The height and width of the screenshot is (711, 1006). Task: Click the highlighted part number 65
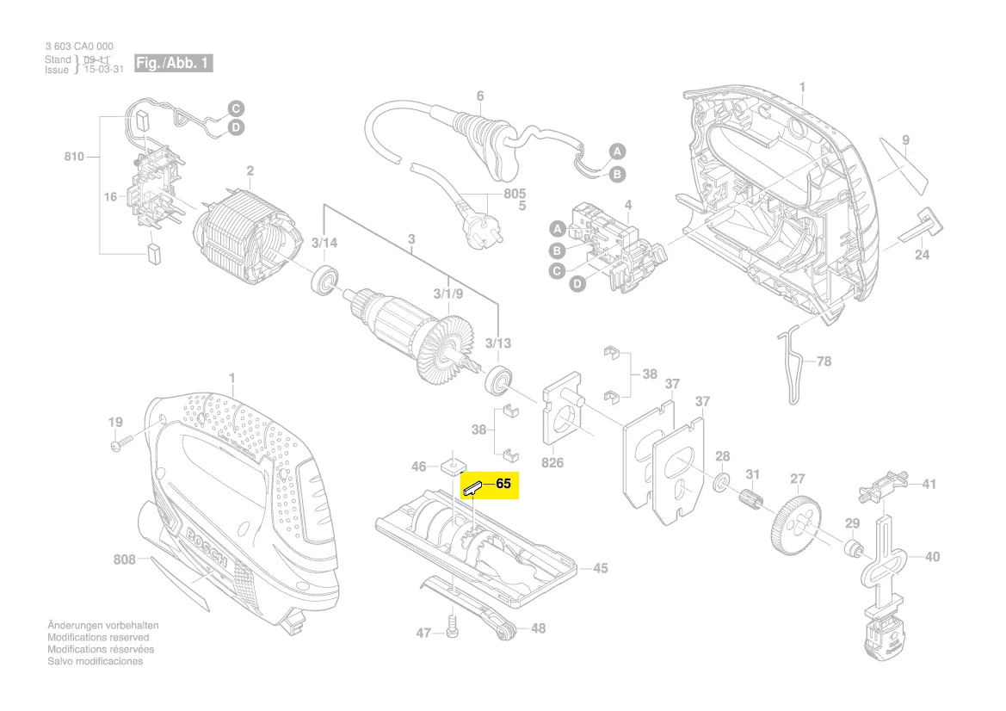pyautogui.click(x=503, y=485)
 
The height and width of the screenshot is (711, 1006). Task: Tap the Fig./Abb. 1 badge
pyautogui.click(x=173, y=64)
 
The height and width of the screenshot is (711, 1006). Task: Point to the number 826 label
pyautogui.click(x=552, y=463)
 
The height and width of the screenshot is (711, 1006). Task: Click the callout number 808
pyautogui.click(x=125, y=560)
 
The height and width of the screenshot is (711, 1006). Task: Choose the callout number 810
pyautogui.click(x=74, y=157)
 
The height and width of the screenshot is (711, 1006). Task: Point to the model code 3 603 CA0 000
pyautogui.click(x=78, y=46)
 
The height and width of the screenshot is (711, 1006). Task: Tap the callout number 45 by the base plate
pyautogui.click(x=600, y=568)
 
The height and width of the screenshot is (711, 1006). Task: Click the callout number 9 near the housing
pyautogui.click(x=905, y=139)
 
